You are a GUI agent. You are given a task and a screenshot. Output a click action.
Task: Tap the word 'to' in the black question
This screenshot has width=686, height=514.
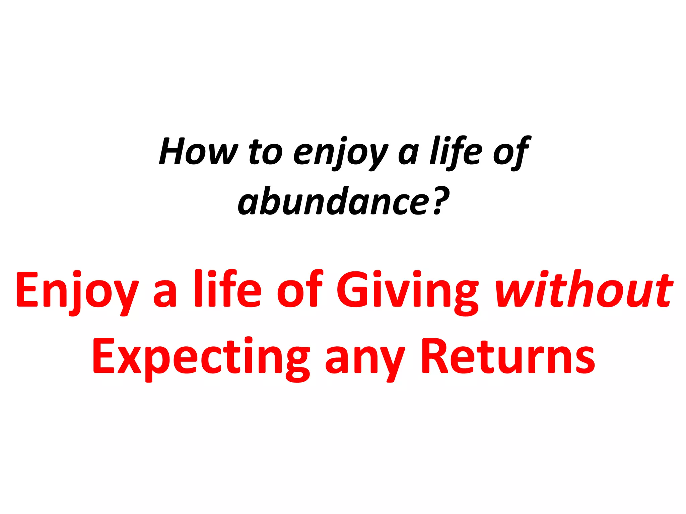point(266,152)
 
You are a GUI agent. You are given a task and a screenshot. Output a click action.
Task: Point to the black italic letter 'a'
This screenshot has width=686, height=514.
point(408,155)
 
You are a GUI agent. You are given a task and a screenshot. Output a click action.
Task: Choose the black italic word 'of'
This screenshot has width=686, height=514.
point(510,152)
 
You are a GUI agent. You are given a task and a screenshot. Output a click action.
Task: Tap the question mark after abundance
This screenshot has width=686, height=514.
point(441,201)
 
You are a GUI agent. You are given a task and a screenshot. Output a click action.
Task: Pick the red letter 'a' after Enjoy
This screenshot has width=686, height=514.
point(165,294)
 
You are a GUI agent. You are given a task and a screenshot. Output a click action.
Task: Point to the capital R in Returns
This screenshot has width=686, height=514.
point(435,356)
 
